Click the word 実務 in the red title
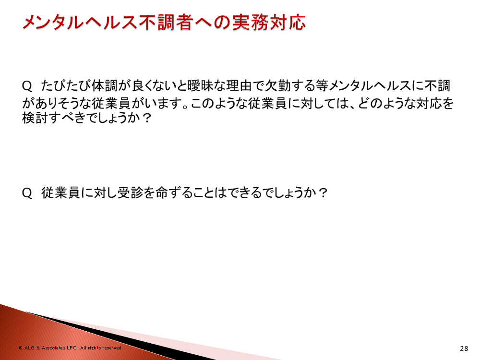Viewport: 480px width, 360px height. click(x=250, y=23)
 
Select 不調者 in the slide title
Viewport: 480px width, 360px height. click(x=167, y=23)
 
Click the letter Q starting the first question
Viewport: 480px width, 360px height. click(x=27, y=86)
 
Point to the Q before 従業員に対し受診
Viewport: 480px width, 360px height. click(x=27, y=193)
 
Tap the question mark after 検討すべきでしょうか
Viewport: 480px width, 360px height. click(x=146, y=118)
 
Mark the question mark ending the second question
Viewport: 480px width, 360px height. click(x=323, y=193)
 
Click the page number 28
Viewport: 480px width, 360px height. click(x=464, y=348)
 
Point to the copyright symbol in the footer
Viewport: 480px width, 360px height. click(x=21, y=348)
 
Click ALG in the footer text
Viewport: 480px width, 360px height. click(x=29, y=348)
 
